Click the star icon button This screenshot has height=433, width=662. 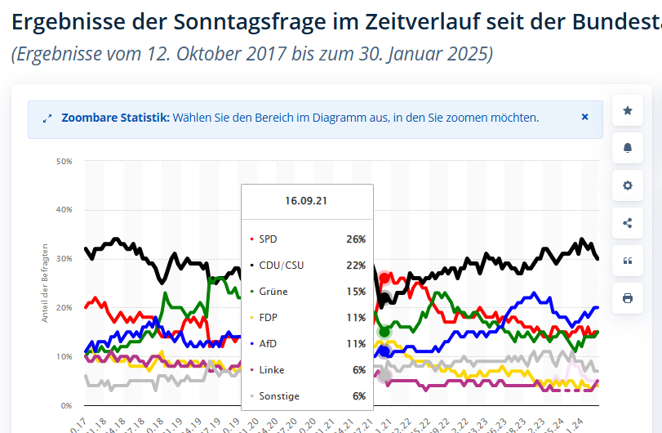coord(627,110)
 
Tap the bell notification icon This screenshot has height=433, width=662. coord(627,148)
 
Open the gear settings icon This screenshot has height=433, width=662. coord(627,185)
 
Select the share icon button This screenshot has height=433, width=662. coord(627,223)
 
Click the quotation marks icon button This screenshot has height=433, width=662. coord(627,261)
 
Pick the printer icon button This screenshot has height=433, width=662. coord(627,298)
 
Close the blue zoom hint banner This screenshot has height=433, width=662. coord(584,117)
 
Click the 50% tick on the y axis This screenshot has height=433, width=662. coord(64,162)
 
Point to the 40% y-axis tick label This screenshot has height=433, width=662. coord(64,210)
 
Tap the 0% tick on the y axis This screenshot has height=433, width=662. coord(67,405)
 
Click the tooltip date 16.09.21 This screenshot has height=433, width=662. coord(306,201)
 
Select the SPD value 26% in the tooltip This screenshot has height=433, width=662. coord(356,239)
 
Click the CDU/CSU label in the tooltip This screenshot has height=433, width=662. coord(282,266)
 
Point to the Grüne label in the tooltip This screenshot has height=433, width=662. coord(273,292)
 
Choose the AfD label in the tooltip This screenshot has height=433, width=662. coord(268,344)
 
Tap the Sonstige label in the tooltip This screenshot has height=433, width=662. coord(279,396)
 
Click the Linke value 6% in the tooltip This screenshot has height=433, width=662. coord(359,370)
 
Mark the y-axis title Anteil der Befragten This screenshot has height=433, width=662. coord(46,282)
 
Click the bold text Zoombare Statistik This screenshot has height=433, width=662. coord(115,118)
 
